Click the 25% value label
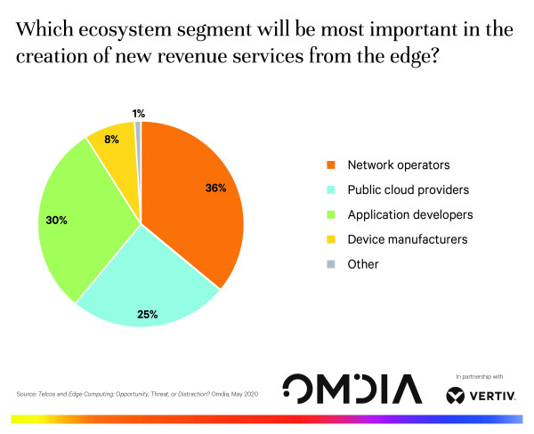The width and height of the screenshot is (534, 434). pyautogui.click(x=148, y=313)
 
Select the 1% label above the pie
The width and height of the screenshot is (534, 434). pyautogui.click(x=138, y=113)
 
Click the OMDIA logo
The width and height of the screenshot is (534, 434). pyautogui.click(x=351, y=389)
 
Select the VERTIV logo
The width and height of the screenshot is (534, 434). pyautogui.click(x=481, y=392)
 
